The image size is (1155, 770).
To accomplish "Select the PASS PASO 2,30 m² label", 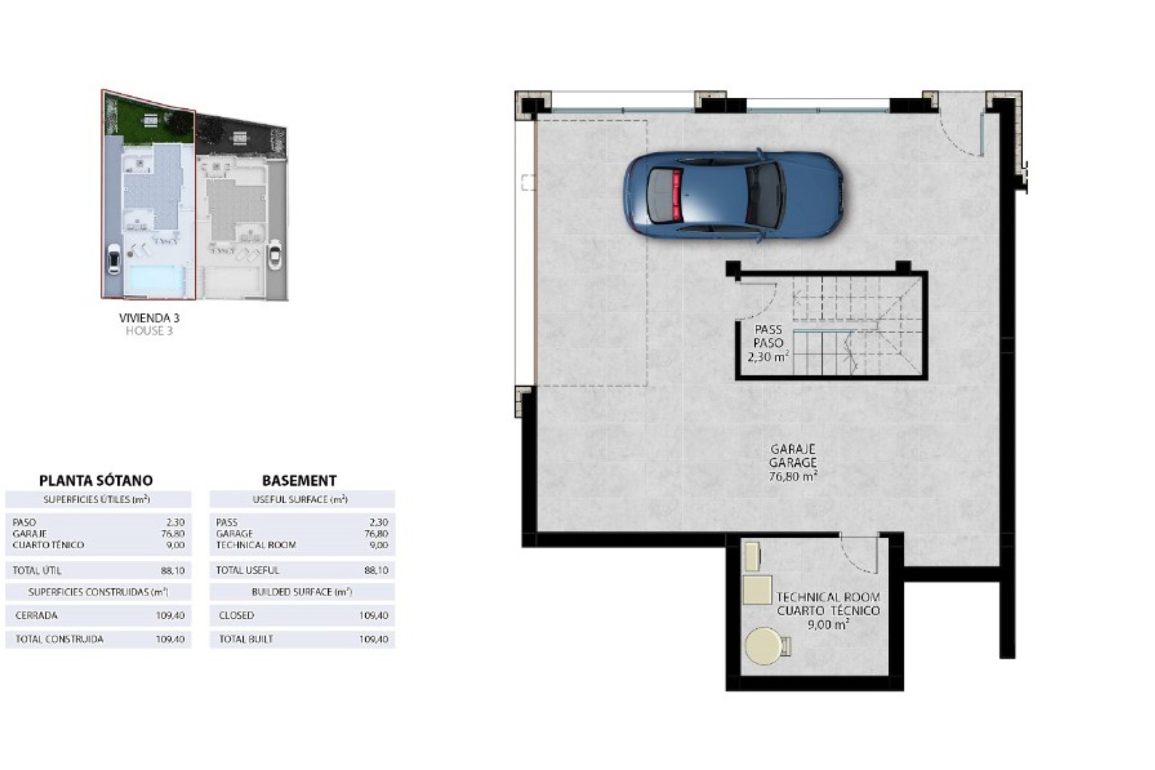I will click(x=768, y=343).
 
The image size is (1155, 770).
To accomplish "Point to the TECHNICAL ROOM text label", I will click(x=828, y=597).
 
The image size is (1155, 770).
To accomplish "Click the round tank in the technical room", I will click(x=764, y=646).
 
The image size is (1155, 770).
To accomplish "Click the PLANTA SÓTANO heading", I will click(x=96, y=481).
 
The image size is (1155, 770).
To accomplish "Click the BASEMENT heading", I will click(x=299, y=481).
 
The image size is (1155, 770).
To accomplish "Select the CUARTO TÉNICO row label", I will click(x=48, y=545).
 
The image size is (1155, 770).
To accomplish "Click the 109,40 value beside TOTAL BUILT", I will click(x=373, y=639).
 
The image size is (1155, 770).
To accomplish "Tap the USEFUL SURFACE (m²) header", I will click(x=300, y=499).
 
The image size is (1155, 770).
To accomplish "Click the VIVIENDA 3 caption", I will click(x=149, y=318).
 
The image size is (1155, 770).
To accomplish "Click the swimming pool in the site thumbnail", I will click(x=153, y=279).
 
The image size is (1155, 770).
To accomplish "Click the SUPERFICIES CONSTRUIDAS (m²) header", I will click(x=98, y=593).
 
